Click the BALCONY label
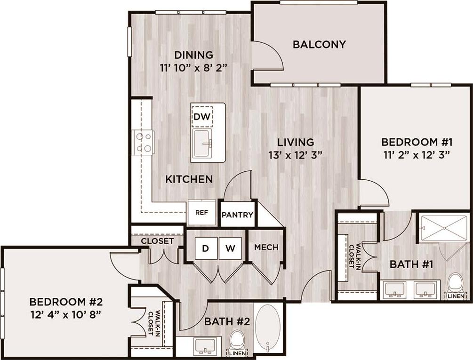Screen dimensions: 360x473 [319, 45]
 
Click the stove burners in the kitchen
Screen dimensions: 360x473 [144, 142]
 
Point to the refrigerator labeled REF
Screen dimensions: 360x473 [201, 212]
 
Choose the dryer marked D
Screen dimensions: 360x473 [205, 248]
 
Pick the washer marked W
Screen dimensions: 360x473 [230, 248]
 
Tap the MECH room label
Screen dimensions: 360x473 [266, 248]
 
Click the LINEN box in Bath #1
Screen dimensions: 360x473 [455, 296]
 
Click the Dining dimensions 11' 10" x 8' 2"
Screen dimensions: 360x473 [193, 67]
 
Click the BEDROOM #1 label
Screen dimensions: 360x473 [417, 142]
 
